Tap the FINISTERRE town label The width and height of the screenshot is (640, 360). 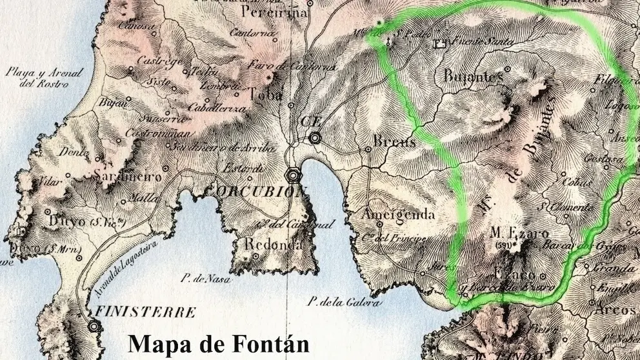click(x=145, y=313)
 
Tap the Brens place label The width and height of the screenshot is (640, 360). click(x=394, y=142)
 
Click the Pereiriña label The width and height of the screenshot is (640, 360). click(x=274, y=12)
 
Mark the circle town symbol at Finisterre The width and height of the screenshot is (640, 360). click(x=95, y=326)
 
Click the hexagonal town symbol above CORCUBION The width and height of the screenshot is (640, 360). click(x=294, y=175)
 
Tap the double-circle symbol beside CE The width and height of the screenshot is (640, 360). click(x=315, y=137)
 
